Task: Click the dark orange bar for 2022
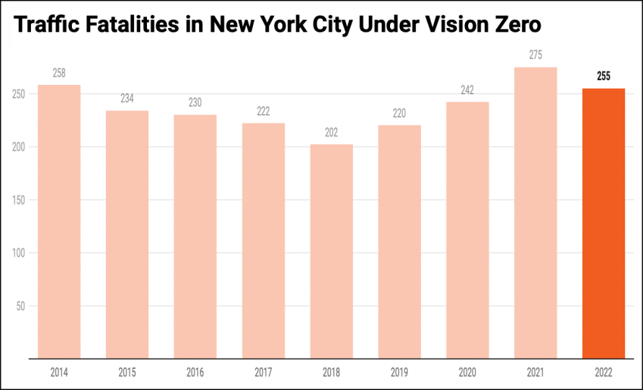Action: (x=604, y=223)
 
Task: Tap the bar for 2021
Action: (x=535, y=213)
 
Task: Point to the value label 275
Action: (x=535, y=56)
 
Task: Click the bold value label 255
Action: (x=604, y=76)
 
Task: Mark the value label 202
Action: (x=331, y=133)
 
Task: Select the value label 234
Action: (x=127, y=99)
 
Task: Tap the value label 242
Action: (x=467, y=90)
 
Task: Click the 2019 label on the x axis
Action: (x=399, y=372)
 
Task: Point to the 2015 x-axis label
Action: (x=127, y=372)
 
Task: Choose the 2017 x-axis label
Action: (x=263, y=372)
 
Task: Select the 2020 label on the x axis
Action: (x=467, y=372)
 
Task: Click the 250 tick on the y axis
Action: (x=19, y=94)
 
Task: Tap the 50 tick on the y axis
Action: (x=21, y=306)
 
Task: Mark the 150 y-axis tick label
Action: (x=19, y=200)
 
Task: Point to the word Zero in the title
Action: (x=514, y=26)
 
